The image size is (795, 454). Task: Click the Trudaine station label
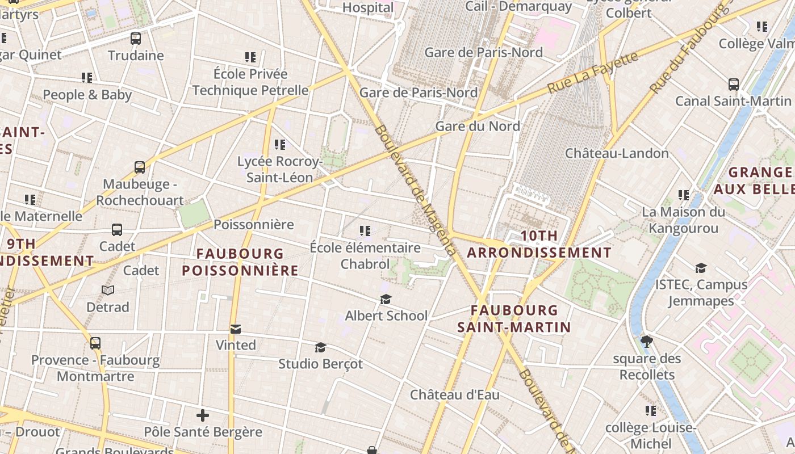[x=136, y=56]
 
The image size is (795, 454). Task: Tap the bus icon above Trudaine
[x=135, y=39]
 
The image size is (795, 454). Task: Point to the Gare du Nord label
[x=478, y=126]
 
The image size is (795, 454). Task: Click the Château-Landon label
[x=617, y=153]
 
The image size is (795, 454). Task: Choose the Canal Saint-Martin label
[x=733, y=101]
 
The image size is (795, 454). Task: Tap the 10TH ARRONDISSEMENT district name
[x=539, y=244]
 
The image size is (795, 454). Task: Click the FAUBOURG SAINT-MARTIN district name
[x=514, y=318]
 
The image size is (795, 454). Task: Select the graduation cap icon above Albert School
[x=386, y=299]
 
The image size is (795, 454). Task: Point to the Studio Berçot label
[x=320, y=364]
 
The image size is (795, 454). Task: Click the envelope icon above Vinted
[x=236, y=329]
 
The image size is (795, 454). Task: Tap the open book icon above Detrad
[x=108, y=291]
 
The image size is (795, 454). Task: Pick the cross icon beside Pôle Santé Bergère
[x=203, y=415]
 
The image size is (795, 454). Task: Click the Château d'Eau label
[x=454, y=394]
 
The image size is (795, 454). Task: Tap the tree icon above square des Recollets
[x=646, y=342]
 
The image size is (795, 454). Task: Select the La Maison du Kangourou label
[x=683, y=220]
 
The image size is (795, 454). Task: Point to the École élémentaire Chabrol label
[x=365, y=256]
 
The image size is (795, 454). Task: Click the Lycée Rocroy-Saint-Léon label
[x=279, y=170]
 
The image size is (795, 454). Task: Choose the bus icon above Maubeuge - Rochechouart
[x=140, y=167]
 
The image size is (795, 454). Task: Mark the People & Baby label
[x=87, y=95]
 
